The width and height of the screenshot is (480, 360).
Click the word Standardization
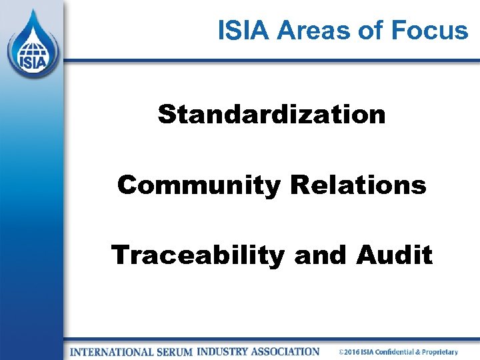271,114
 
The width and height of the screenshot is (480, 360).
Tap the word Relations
358,185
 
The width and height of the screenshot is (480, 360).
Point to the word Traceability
198,255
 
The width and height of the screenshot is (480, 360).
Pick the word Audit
395,255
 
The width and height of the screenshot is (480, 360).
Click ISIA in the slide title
244,30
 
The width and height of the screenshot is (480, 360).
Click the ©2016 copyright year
350,352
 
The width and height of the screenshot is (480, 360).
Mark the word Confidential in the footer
402,352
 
